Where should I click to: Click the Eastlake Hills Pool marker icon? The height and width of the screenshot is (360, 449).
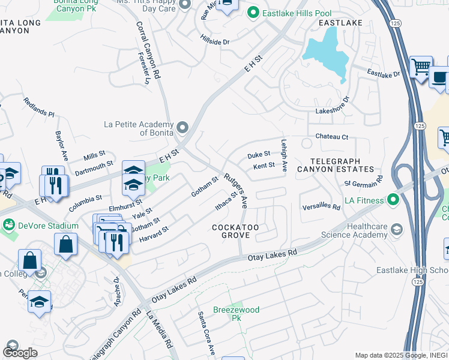pyautogui.click(x=253, y=12)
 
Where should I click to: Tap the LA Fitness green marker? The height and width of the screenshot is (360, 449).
pyautogui.click(x=394, y=199)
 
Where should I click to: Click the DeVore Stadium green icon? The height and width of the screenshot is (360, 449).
pyautogui.click(x=9, y=226)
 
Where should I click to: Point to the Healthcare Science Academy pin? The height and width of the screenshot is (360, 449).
pyautogui.click(x=396, y=229)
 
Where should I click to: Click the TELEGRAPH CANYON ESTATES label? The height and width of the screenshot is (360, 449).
pyautogui.click(x=342, y=166)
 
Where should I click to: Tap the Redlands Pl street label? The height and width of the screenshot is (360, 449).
pyautogui.click(x=39, y=106)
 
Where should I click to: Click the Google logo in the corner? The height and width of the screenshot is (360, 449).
pyautogui.click(x=19, y=352)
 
